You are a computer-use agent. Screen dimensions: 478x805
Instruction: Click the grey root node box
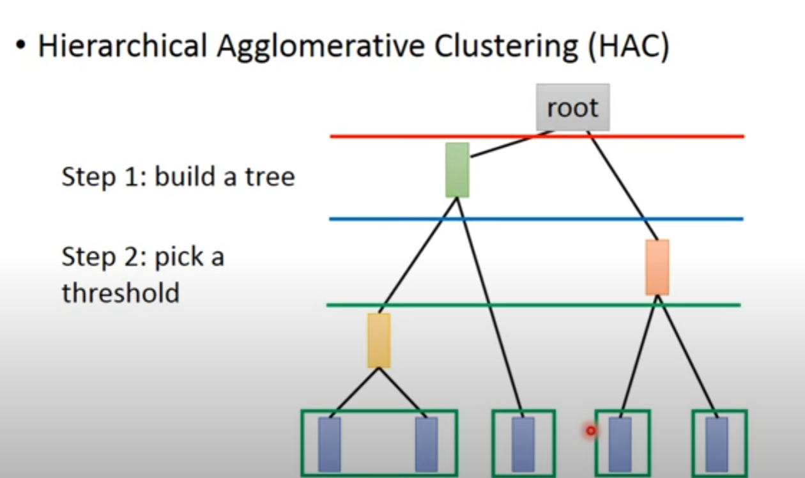point(572,107)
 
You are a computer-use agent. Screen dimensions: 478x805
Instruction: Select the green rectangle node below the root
point(457,170)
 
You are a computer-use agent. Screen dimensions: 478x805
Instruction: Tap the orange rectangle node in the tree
point(657,267)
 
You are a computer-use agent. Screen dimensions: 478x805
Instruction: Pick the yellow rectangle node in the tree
point(379,340)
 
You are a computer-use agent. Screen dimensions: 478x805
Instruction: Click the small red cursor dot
point(591,431)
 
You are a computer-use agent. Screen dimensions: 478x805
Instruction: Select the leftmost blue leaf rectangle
point(330,444)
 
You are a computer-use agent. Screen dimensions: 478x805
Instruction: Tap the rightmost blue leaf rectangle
point(716,444)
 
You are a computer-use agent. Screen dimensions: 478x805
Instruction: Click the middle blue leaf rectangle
point(523,444)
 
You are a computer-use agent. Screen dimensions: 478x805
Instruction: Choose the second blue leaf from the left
point(426,444)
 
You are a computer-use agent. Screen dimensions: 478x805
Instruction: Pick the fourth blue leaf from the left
point(620,444)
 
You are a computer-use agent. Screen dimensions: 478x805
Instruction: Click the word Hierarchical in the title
point(122,47)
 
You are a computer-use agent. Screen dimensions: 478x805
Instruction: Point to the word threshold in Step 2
point(120,293)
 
